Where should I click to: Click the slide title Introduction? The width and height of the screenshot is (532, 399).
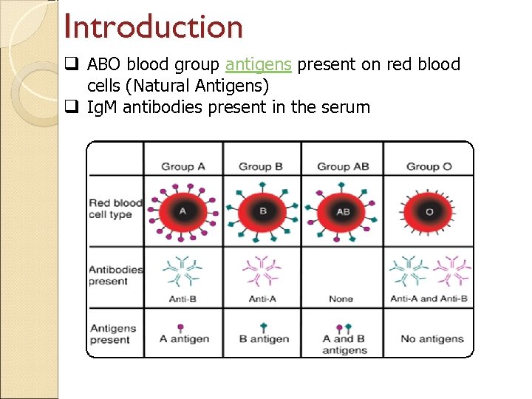154,27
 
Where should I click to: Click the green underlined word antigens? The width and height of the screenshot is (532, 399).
259,65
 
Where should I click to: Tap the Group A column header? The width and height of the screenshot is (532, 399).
183,166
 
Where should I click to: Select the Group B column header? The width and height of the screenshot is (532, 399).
260,166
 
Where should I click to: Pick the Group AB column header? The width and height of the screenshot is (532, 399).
343,166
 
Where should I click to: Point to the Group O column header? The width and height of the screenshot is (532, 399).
429,166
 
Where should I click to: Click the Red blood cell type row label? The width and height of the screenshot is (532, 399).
115,208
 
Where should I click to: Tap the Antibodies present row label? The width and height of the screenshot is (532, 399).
116,275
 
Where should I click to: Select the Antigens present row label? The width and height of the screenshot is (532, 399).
113,334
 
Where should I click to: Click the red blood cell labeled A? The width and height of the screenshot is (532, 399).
183,211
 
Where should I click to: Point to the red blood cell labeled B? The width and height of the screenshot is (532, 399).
262,211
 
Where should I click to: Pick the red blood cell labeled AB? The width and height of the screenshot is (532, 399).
343,211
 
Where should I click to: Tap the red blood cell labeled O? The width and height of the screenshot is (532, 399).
429,211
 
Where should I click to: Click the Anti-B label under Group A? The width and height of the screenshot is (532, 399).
182,299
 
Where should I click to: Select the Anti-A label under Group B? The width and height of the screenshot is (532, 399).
262,299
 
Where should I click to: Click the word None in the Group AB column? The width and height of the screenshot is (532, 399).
341,299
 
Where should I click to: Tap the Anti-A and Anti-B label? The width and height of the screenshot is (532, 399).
429,299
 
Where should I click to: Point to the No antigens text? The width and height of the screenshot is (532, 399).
432,338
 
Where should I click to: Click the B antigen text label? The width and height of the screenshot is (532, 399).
265,338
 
